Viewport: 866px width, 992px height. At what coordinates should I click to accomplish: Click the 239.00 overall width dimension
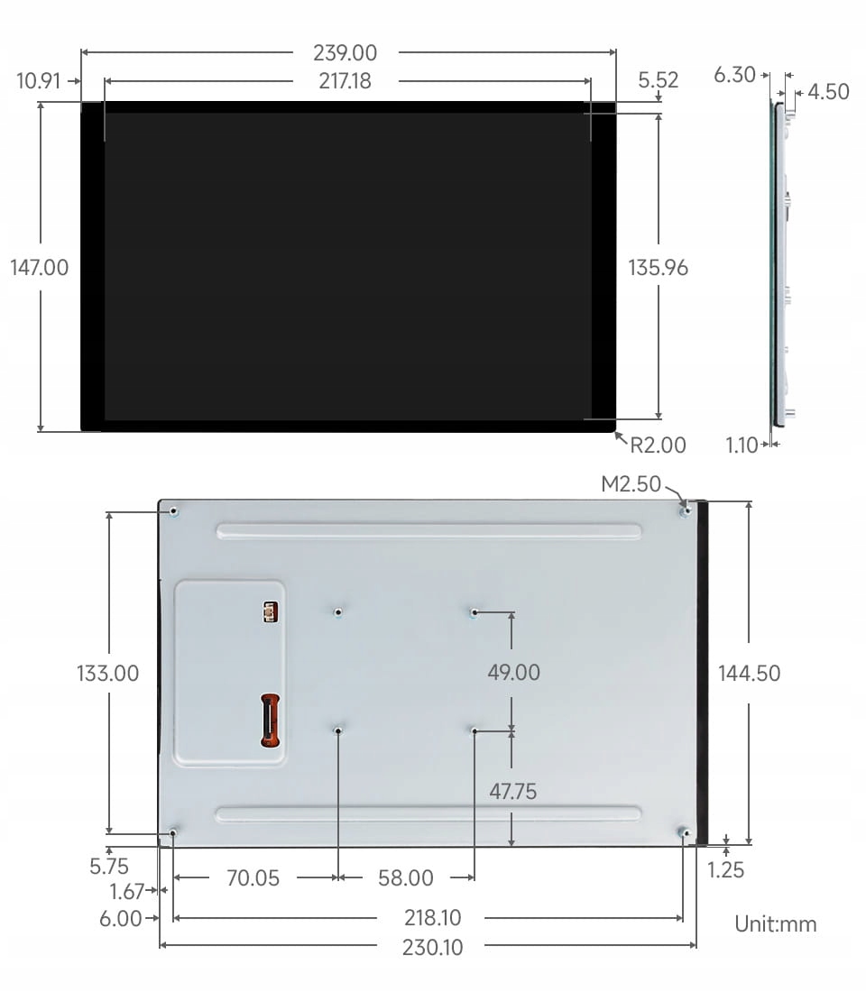point(345,52)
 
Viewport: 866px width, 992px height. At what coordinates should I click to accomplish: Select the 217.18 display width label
point(345,81)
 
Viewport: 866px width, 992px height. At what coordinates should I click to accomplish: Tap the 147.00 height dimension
point(40,268)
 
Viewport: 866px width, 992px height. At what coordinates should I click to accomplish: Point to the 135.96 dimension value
point(658,268)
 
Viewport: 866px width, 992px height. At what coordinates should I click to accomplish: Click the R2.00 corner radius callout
point(658,445)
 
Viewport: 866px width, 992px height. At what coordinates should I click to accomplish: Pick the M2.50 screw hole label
point(631,484)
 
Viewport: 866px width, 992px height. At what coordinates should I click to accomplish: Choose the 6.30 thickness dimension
point(734,75)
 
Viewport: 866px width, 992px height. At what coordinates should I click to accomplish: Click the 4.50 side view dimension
point(828,92)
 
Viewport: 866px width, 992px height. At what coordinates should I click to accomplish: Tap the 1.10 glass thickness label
point(742,445)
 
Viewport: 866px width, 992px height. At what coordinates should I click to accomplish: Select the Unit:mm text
point(776,924)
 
